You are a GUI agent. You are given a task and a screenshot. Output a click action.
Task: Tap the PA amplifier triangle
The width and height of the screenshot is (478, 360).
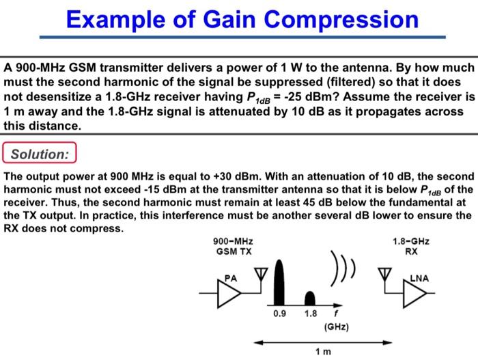[x=230, y=290]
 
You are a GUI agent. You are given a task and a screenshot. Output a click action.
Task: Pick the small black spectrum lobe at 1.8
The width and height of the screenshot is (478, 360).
[x=311, y=298]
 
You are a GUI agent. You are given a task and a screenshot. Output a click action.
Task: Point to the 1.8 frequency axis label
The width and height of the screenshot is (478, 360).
[x=311, y=314]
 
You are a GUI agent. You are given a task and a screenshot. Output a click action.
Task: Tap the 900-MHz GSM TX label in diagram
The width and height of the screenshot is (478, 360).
[x=232, y=247]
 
